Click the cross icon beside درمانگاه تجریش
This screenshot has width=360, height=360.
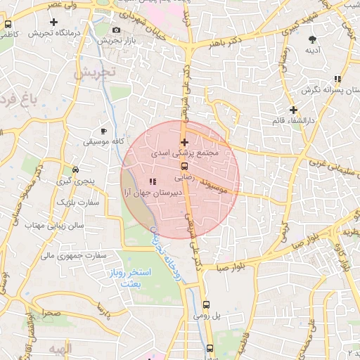[x=53, y=22]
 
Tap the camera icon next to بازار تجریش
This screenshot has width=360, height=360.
[x=116, y=30]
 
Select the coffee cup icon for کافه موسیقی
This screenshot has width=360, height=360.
[x=104, y=131]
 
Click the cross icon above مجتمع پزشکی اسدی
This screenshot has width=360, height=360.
[x=184, y=143]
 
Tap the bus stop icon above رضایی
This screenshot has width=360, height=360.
[x=184, y=167]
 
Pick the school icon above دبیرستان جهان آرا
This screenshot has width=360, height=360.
[x=153, y=182]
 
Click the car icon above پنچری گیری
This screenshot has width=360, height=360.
[x=76, y=170]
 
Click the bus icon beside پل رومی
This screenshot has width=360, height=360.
[x=206, y=305]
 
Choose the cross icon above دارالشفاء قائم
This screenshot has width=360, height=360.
[x=293, y=110]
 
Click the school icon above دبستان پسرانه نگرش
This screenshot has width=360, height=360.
[x=337, y=79]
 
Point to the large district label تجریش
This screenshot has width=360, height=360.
[x=96, y=73]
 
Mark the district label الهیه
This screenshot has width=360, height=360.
[x=61, y=349]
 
